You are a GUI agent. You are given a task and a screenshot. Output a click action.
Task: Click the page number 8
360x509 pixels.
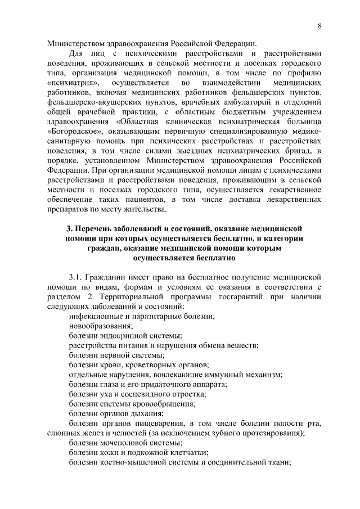(x=319, y=25)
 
